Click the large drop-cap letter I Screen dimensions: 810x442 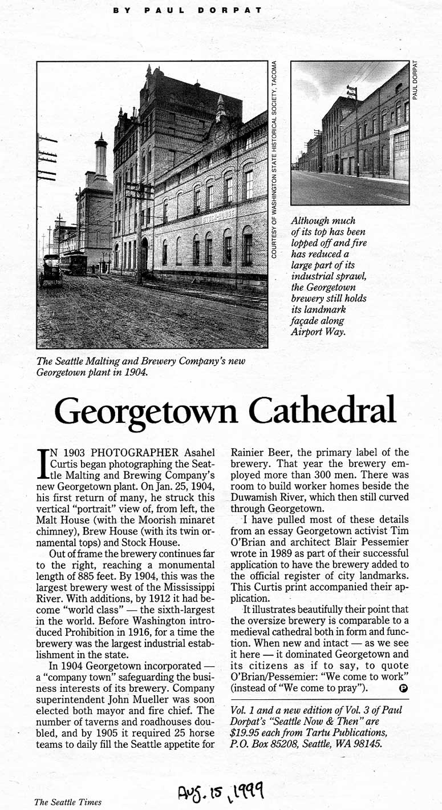pos(42,464)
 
